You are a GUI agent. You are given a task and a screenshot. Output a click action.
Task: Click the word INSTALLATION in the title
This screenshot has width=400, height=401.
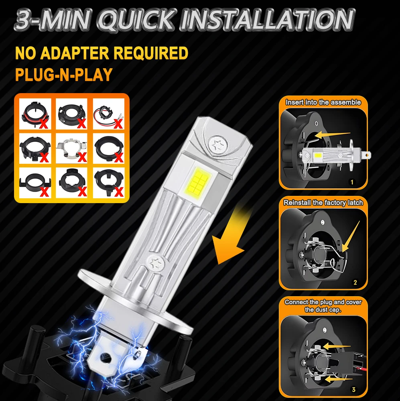[x=269, y=20]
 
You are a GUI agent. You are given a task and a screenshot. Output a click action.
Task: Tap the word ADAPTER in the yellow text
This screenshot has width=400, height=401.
[x=75, y=53]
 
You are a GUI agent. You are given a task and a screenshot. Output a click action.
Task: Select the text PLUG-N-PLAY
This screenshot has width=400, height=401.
[x=64, y=74]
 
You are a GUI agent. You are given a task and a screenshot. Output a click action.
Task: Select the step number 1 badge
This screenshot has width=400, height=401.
[x=352, y=182]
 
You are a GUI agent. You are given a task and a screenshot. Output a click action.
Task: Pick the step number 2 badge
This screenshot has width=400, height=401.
[x=355, y=283]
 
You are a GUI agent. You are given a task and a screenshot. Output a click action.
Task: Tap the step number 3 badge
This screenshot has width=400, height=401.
[x=353, y=389]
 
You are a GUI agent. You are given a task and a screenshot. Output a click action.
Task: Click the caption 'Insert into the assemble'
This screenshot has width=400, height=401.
[x=323, y=102]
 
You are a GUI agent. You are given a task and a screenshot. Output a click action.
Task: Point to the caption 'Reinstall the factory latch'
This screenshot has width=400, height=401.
[x=323, y=203]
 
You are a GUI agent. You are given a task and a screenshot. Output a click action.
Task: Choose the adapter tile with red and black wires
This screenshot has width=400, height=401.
[x=109, y=114]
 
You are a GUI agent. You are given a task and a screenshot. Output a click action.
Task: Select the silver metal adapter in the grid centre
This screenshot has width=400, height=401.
[x=71, y=149]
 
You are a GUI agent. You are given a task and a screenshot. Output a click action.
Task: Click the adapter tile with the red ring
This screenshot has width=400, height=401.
[x=35, y=114]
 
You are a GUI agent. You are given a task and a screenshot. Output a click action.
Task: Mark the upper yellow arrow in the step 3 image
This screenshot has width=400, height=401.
[x=336, y=346]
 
